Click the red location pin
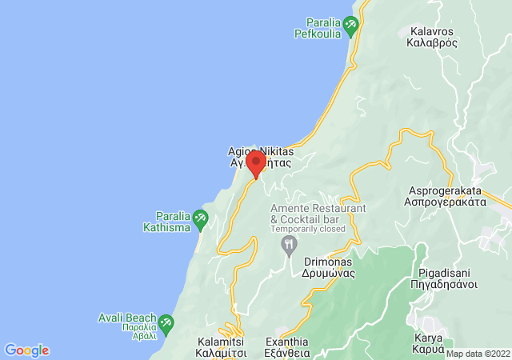[256, 163]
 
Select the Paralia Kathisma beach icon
[199, 217]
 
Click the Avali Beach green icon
[166, 323]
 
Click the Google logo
[26, 350]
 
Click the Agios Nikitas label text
[261, 151]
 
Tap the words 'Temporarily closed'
[307, 229]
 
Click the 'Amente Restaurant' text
[318, 208]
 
